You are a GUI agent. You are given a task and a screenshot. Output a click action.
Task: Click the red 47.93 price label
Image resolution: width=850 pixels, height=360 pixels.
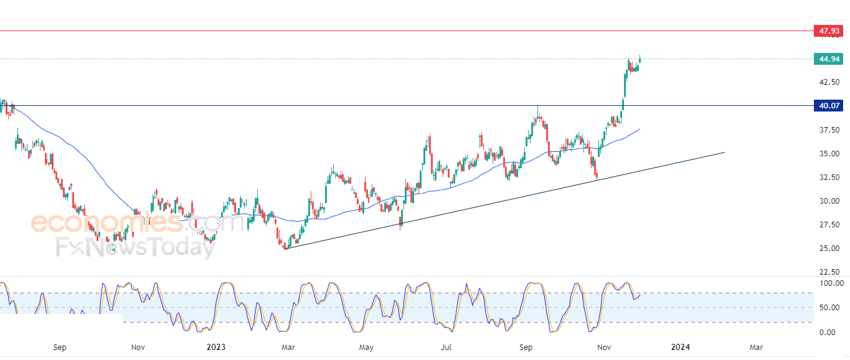pyautogui.click(x=828, y=31)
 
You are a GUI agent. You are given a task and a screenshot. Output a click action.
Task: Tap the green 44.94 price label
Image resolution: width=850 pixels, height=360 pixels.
pyautogui.click(x=828, y=59)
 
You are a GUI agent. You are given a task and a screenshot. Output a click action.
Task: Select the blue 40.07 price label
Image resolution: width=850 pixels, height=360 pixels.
pyautogui.click(x=828, y=106)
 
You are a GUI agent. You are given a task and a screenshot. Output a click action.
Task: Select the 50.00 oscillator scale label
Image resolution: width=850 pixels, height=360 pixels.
pyautogui.click(x=828, y=308)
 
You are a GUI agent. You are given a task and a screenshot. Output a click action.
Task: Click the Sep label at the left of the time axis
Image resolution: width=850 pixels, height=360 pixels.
pyautogui.click(x=60, y=347)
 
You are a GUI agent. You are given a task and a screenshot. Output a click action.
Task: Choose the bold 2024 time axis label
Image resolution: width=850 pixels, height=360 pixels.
pyautogui.click(x=681, y=347)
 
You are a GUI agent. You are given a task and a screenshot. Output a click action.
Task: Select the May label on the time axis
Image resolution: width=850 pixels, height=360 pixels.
pyautogui.click(x=366, y=347)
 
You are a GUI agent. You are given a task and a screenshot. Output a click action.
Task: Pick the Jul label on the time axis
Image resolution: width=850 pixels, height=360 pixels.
pyautogui.click(x=446, y=347)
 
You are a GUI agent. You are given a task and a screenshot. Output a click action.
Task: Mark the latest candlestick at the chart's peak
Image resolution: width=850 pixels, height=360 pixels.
pyautogui.click(x=640, y=60)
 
